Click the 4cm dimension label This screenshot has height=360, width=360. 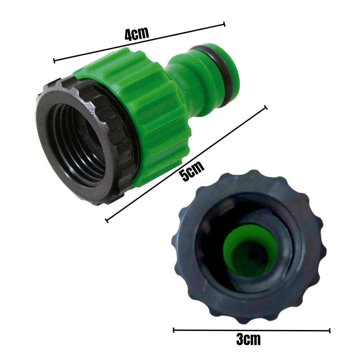click(137, 34)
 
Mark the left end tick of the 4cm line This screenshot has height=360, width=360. click(54, 60)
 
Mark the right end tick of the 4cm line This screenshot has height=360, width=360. click(224, 24)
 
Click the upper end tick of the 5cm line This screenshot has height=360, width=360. click(266, 107)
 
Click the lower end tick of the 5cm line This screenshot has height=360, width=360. click(107, 220)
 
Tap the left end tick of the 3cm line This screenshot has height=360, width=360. click(174, 330)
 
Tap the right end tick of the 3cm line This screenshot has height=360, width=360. click(329, 331)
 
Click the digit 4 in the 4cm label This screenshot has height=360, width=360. click(129, 36)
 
